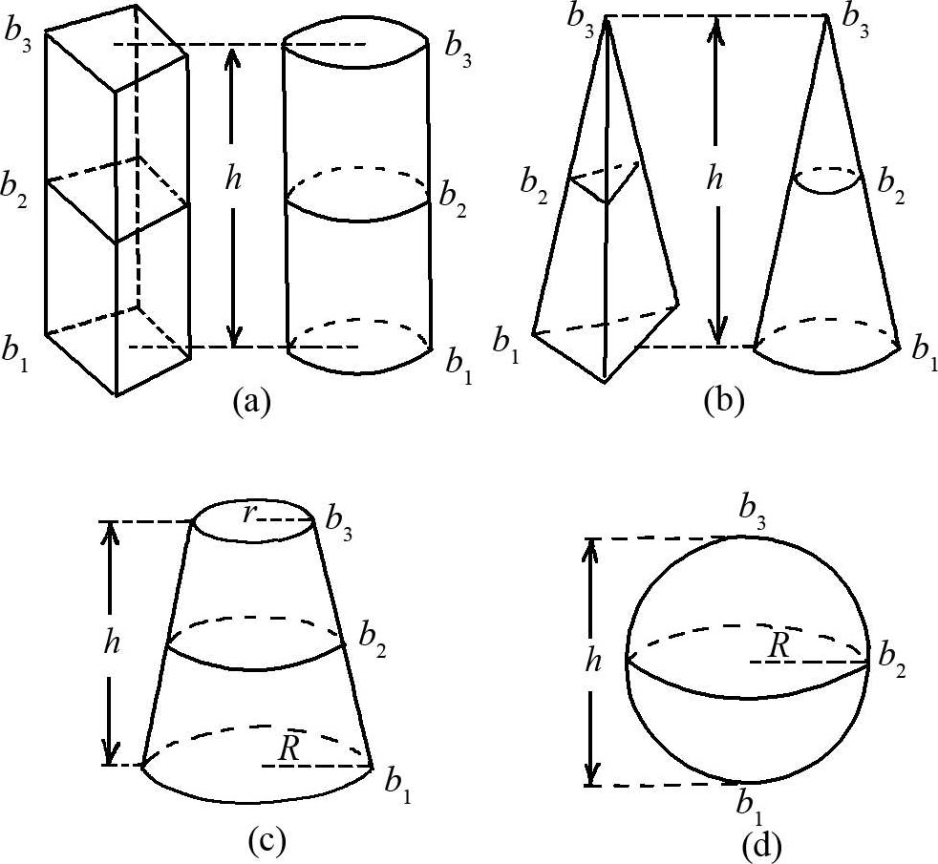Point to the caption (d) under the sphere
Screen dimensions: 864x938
click(760, 844)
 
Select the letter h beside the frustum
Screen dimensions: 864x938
click(112, 642)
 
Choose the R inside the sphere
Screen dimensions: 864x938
click(779, 645)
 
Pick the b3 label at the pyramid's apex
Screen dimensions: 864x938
click(580, 16)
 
